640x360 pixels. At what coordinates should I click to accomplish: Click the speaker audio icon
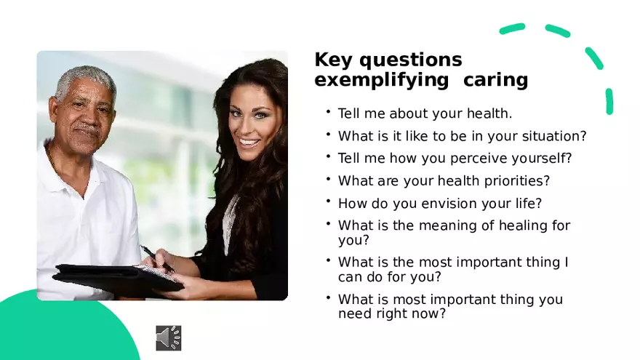point(169,338)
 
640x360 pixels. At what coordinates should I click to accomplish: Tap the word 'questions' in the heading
point(411,60)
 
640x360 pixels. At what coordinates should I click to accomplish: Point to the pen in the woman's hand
point(157,258)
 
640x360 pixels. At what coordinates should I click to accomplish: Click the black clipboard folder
point(118,279)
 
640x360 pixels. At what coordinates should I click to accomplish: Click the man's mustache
point(88,131)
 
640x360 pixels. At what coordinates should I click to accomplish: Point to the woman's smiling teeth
point(249,143)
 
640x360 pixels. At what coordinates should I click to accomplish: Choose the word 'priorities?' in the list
point(517,181)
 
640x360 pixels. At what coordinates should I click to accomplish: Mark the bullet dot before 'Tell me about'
point(328,111)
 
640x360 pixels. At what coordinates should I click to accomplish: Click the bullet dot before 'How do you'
point(328,201)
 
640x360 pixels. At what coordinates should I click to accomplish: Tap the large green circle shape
point(61,327)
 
